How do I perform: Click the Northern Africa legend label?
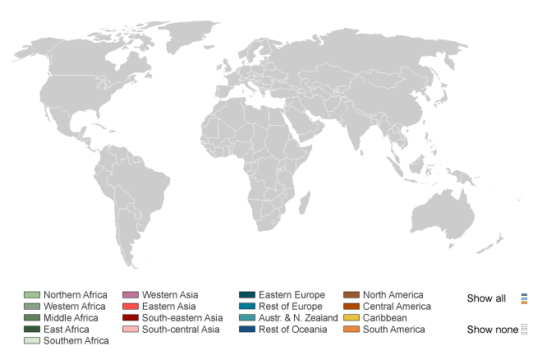(x=75, y=295)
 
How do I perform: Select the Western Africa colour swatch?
(x=32, y=307)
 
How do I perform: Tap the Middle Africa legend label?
(x=71, y=318)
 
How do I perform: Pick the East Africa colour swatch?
(x=32, y=330)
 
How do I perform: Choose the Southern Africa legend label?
(x=76, y=341)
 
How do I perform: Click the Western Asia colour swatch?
(x=130, y=295)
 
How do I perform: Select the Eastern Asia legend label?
(x=168, y=307)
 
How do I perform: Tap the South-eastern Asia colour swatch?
(x=130, y=318)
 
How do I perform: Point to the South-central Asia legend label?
(x=181, y=330)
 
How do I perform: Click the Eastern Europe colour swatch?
(x=246, y=295)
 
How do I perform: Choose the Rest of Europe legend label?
(x=292, y=307)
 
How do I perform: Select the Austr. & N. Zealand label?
(x=298, y=318)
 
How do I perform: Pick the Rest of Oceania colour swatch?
(x=246, y=330)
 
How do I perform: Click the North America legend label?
(x=393, y=295)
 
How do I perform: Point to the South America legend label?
(x=394, y=330)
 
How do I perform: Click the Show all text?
(x=486, y=298)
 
